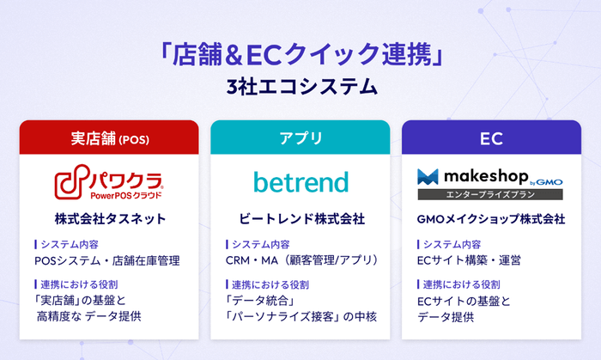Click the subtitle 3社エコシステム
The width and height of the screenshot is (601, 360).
coord(300,87)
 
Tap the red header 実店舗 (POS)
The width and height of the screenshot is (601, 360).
coord(109,137)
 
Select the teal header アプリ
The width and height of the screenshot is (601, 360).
coord(300,137)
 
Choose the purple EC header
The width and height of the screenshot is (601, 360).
coord(491,137)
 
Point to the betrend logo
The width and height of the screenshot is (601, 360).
coord(300,182)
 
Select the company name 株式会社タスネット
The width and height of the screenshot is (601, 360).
coord(109,219)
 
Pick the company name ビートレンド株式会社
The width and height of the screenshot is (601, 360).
coord(300,219)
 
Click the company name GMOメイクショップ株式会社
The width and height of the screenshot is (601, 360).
coord(491,219)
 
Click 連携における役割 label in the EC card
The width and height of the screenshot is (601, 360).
coord(462,284)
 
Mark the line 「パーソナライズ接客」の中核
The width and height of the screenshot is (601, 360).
coord(300,317)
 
